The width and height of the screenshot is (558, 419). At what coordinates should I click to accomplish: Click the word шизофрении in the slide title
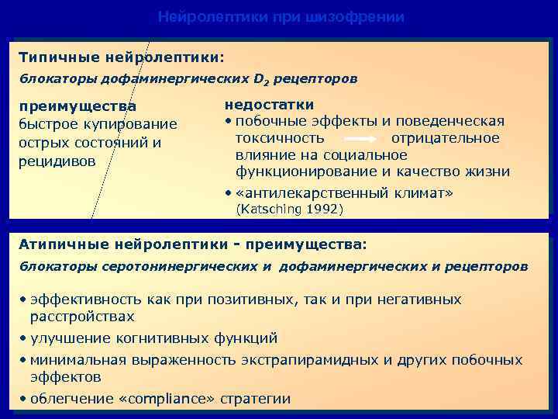coord(363,17)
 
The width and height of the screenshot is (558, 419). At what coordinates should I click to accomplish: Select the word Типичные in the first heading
coord(52,57)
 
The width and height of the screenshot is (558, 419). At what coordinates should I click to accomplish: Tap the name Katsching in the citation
coord(270,209)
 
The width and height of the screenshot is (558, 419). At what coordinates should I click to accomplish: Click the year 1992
coord(322,209)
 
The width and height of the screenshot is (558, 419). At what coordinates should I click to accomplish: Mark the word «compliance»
coord(169,399)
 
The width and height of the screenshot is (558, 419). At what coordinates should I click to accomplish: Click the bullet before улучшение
coord(23,338)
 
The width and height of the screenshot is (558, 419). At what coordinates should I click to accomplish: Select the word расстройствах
coord(81,317)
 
